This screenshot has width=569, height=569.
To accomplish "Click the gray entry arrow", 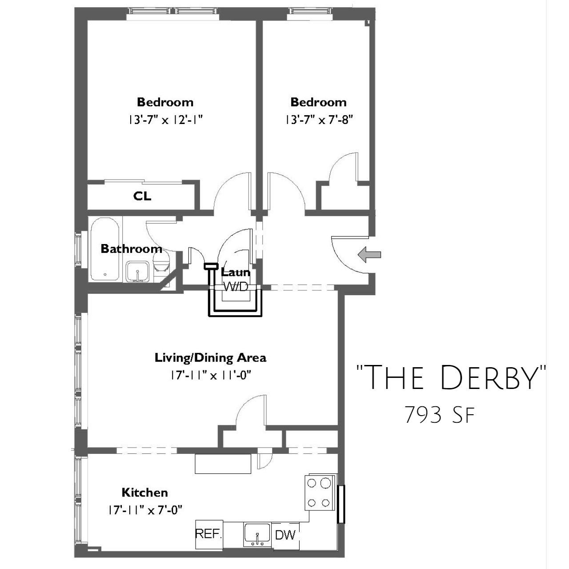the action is coord(369,255).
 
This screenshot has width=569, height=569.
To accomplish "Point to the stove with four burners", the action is coord(321,497).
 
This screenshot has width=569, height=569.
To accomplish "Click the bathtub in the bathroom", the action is coord(105,249).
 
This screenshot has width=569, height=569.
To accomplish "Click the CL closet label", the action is coord(142,196).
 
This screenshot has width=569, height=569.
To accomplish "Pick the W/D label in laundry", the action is coord(235,286).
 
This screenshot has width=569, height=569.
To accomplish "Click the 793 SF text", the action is coord(440,415).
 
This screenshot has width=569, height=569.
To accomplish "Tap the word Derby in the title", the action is coord(489,378).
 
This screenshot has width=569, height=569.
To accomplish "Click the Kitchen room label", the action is coord(144,493).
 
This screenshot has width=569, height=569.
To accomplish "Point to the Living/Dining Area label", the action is coord(211,358).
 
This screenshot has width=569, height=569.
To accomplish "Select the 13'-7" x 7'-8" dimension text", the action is coord(319,120).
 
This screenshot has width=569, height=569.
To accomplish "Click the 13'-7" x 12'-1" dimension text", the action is coord(166,120).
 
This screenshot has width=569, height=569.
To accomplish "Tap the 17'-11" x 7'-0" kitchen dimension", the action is coord(145,510).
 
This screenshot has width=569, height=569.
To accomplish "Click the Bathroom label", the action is coord(132,248).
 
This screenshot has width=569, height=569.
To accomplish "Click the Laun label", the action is coord(235,272).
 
